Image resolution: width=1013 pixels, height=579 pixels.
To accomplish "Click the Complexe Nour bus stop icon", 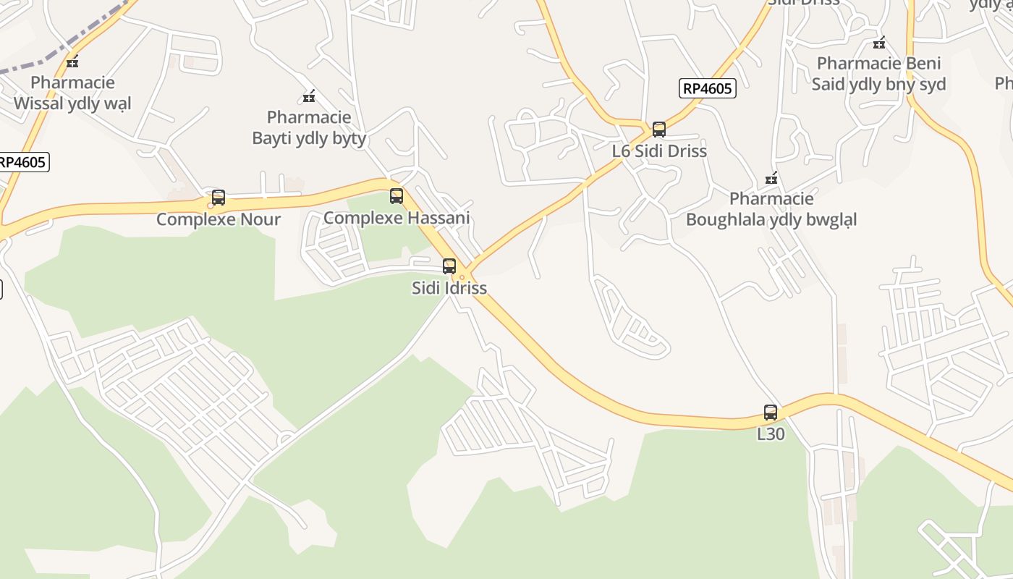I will [x=218, y=198].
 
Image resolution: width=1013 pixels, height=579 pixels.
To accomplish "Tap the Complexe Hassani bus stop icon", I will [x=396, y=195].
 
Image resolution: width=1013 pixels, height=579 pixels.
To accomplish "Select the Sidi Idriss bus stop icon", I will [x=449, y=266].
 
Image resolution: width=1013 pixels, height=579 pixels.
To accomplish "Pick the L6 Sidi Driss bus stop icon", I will [x=659, y=130].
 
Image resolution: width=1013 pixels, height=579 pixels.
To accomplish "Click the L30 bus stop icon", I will [x=771, y=413].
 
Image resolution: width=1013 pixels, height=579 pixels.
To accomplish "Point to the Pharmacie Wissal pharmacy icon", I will [x=72, y=62].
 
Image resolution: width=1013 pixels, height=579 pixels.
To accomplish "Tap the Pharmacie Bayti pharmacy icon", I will [x=309, y=96].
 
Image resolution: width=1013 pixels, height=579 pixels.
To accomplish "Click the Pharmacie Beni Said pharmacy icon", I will [x=879, y=43].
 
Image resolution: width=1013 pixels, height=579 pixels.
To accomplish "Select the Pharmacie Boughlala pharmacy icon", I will [x=771, y=178].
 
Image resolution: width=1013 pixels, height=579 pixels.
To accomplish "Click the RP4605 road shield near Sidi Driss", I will [x=707, y=88].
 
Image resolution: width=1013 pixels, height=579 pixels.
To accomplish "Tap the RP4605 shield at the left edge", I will [x=22, y=161].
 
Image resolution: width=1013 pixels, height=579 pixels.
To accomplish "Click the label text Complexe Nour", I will [x=219, y=219].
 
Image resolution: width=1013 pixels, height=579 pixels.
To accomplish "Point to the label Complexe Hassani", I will [x=397, y=217].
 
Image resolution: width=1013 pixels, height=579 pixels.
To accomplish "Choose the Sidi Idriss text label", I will [x=449, y=287].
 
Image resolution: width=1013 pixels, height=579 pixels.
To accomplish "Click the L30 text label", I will [x=771, y=434].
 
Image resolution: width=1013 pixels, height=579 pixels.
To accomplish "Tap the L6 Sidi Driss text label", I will [x=659, y=151].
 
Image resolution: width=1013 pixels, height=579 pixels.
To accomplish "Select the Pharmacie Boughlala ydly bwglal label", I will [x=771, y=209].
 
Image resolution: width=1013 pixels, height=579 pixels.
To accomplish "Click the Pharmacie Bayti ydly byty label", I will [x=309, y=127].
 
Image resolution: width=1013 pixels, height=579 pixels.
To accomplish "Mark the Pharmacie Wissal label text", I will [x=72, y=93].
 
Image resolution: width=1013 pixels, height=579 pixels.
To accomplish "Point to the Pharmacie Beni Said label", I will [x=879, y=74].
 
